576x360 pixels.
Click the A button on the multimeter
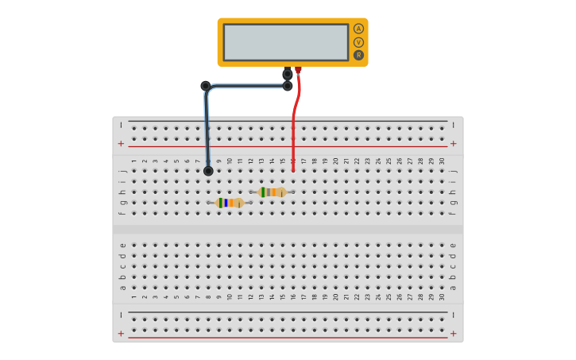pyautogui.click(x=358, y=29)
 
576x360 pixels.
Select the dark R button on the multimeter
pyautogui.click(x=358, y=56)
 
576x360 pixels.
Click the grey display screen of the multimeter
pyautogui.click(x=286, y=42)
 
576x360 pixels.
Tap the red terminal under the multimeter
pyautogui.click(x=298, y=71)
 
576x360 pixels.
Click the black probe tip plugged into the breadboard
pyautogui.click(x=208, y=171)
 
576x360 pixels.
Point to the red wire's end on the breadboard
pyautogui.click(x=293, y=169)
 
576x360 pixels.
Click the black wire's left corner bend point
pyautogui.click(x=206, y=86)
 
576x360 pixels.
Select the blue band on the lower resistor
pyautogui.click(x=226, y=203)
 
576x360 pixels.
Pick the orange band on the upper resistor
pyautogui.click(x=274, y=192)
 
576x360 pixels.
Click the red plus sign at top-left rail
pyautogui.click(x=121, y=144)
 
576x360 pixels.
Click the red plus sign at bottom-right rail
pyautogui.click(x=454, y=333)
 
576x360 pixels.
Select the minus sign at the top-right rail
pyautogui.click(x=454, y=125)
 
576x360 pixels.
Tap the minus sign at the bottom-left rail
pyautogui.click(x=121, y=315)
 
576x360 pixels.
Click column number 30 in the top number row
pyautogui.click(x=442, y=161)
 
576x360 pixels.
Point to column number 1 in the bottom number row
pyautogui.click(x=133, y=296)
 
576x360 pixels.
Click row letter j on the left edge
pyautogui.click(x=122, y=170)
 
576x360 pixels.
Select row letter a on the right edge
pyautogui.click(x=453, y=288)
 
